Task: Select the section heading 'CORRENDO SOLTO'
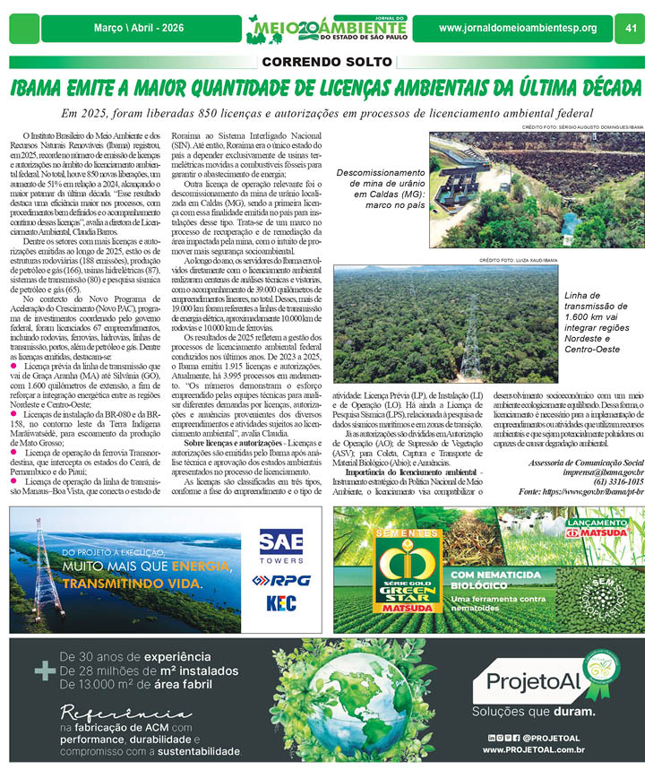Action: click(326, 63)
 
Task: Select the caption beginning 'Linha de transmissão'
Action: click(597, 324)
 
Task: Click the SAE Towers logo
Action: click(280, 546)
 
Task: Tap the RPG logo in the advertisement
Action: click(280, 580)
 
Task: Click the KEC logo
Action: click(280, 602)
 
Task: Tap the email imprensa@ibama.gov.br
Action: click(597, 471)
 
